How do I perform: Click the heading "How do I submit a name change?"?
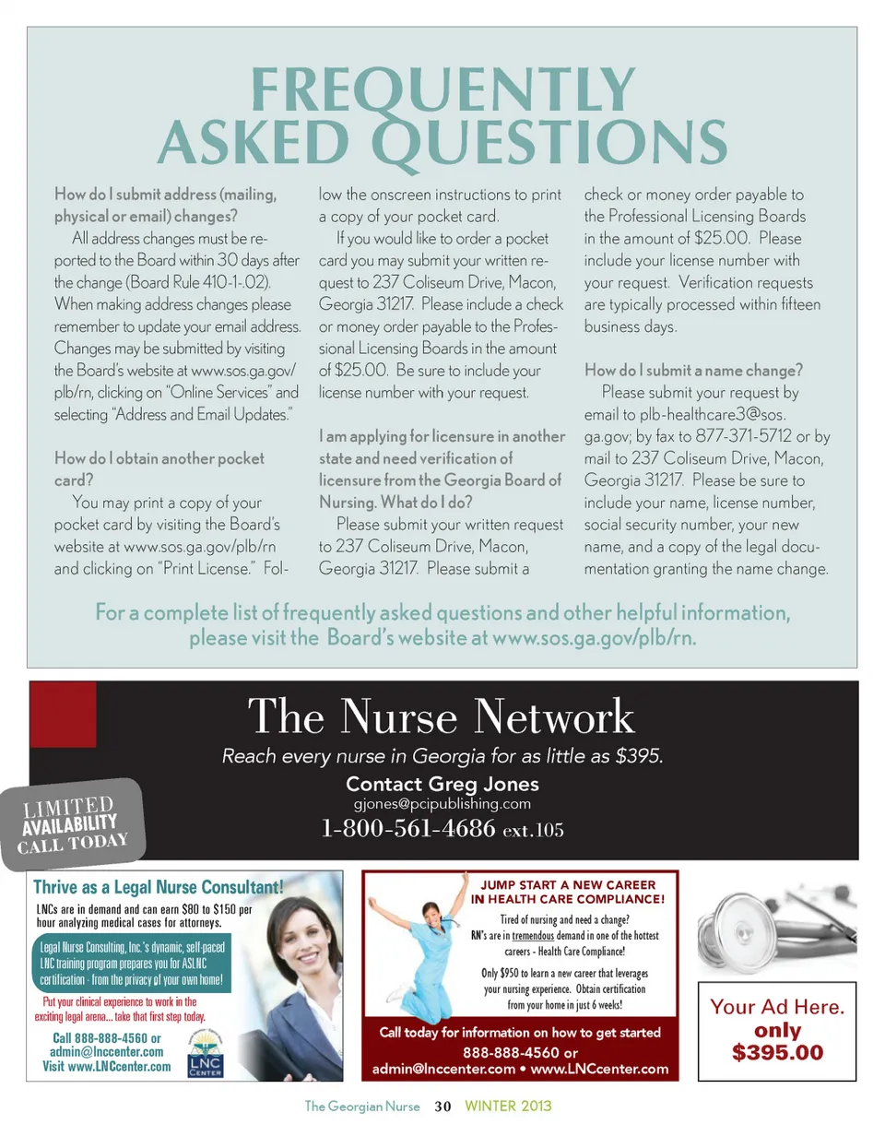694,372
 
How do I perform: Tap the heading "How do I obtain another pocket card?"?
159,468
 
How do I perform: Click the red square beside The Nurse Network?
64,714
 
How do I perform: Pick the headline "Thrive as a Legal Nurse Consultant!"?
158,887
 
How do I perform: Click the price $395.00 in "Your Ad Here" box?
777,1052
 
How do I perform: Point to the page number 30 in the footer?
442,1106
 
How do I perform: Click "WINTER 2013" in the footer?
508,1106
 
